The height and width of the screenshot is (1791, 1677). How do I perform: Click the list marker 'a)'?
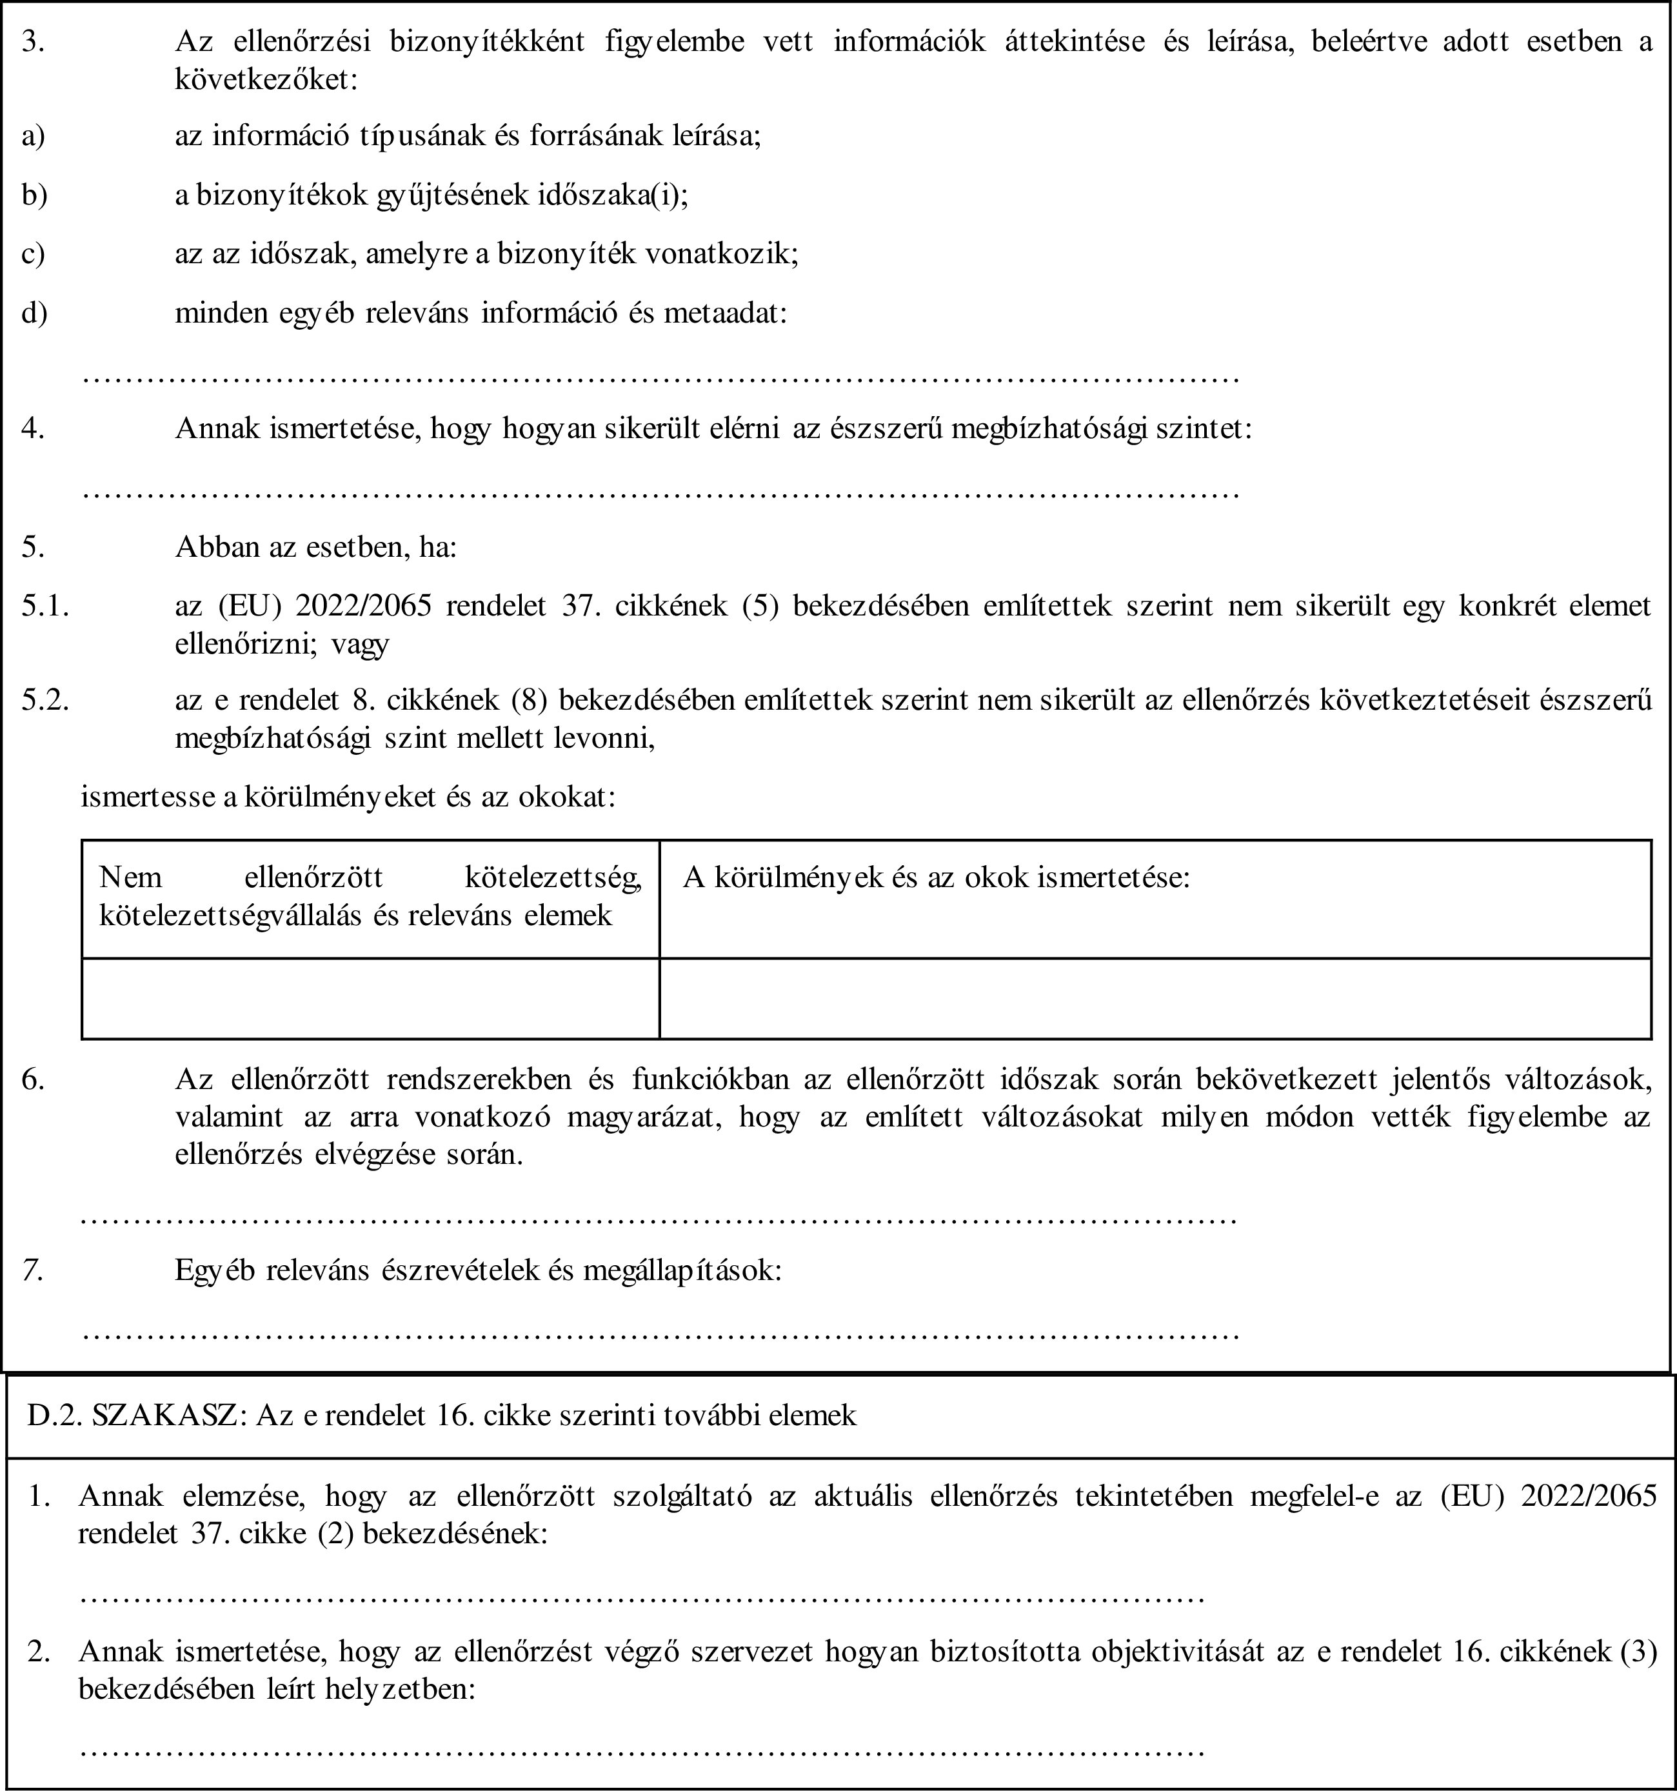click(34, 137)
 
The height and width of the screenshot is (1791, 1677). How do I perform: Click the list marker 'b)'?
click(34, 195)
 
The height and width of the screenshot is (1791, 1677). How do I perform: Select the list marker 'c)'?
click(34, 255)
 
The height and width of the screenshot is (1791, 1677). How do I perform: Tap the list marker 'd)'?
click(34, 314)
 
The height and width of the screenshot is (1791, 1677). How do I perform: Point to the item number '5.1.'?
click(46, 605)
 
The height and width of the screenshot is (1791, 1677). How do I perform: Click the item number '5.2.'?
click(46, 700)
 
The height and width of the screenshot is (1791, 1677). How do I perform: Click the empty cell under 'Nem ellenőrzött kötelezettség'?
click(370, 998)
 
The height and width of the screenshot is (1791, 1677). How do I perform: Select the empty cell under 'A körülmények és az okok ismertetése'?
click(1155, 998)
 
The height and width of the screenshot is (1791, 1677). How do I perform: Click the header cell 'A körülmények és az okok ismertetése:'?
click(937, 877)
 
